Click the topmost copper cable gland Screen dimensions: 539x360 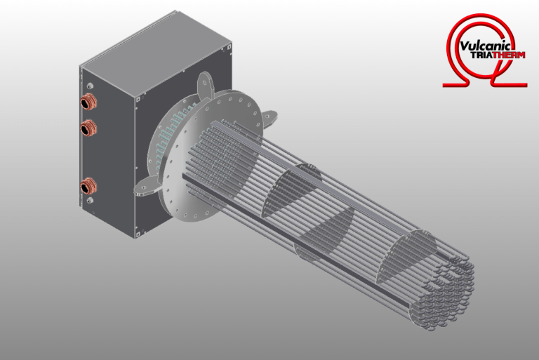pos(88,102)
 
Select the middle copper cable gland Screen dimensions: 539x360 pos(88,128)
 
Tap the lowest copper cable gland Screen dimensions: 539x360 pos(88,187)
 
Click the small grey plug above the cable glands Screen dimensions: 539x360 pos(91,86)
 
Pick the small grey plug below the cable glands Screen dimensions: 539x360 pos(91,201)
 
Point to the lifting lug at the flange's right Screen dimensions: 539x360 pos(269,117)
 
